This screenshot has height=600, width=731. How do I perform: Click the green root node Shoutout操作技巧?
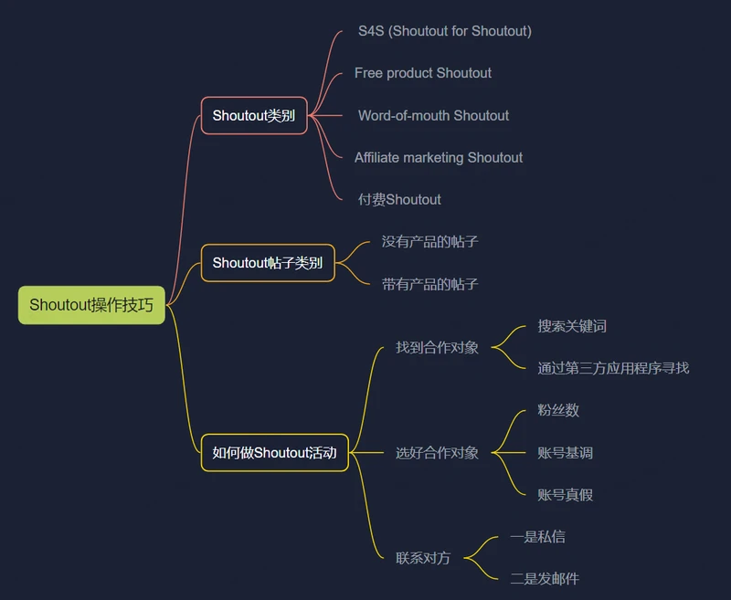(x=91, y=305)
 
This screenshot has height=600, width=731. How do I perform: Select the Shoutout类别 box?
(x=254, y=116)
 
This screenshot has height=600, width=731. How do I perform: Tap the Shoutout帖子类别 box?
(x=268, y=263)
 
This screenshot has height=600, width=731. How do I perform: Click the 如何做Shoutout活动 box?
(x=275, y=452)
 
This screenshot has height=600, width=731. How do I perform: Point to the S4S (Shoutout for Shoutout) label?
(x=445, y=31)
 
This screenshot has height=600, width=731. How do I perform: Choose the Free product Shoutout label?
(x=423, y=73)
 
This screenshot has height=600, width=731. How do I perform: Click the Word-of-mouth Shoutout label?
(x=433, y=116)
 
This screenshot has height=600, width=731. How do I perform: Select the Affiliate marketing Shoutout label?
(x=439, y=158)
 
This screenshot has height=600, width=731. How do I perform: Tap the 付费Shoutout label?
(x=399, y=200)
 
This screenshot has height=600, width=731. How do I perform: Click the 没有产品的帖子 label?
(x=429, y=242)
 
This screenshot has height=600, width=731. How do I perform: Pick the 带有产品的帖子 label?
(x=429, y=284)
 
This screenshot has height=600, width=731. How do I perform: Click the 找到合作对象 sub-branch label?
(x=437, y=348)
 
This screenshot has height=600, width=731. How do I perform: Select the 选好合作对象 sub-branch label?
(x=437, y=453)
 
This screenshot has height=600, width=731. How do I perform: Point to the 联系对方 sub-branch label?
(x=423, y=558)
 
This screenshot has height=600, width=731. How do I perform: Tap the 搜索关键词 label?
(x=572, y=326)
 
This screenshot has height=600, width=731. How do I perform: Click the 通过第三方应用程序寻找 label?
(x=613, y=368)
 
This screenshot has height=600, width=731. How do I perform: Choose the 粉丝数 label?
(x=558, y=410)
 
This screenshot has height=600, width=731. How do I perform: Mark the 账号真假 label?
(x=565, y=495)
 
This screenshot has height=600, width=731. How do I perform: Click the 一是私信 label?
(x=537, y=537)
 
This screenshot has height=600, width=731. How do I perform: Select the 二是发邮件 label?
(x=545, y=579)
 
